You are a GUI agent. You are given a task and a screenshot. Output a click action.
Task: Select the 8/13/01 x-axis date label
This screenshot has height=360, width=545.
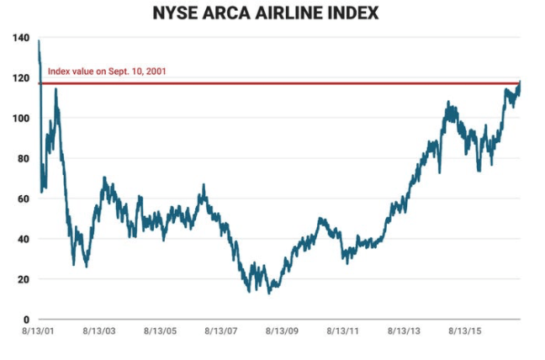tap(39, 333)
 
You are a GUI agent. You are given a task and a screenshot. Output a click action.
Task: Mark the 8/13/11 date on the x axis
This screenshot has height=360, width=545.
tap(343, 333)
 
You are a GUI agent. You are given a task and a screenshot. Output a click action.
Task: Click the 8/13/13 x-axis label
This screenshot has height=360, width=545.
tap(405, 333)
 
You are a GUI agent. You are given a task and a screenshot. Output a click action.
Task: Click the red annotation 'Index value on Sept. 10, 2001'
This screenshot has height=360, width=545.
tap(107, 71)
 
